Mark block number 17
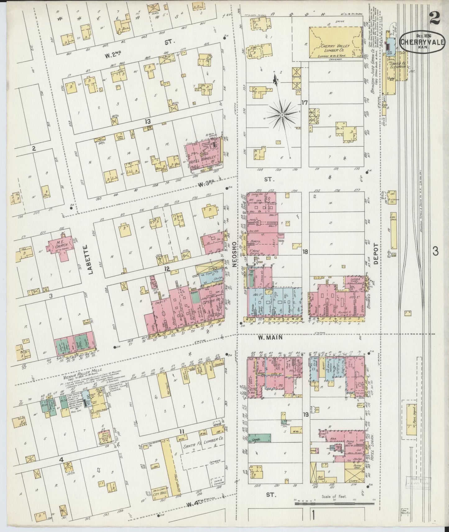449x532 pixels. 304,103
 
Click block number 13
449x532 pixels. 147,122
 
